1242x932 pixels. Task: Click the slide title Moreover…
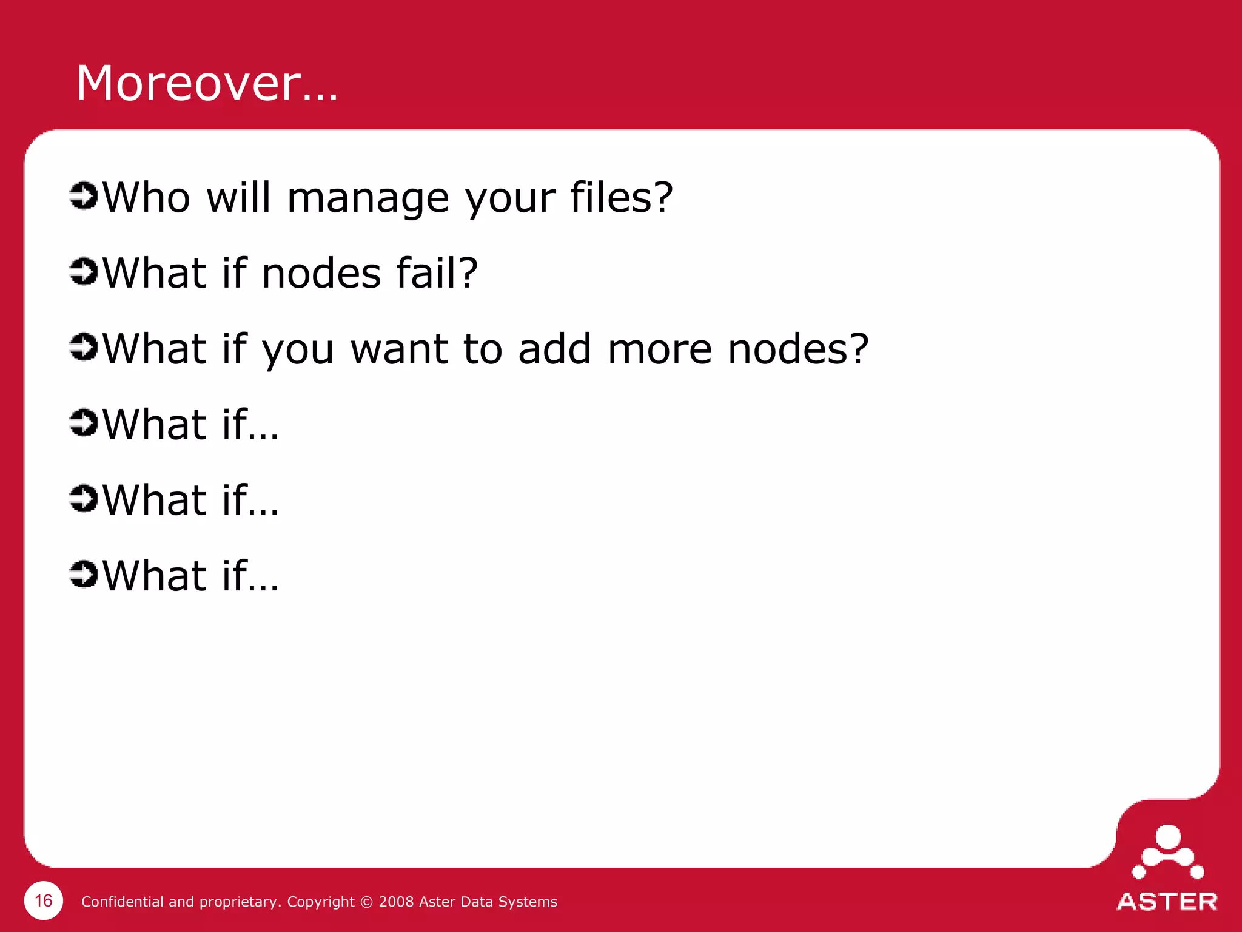pos(207,83)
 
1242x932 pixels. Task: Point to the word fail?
pos(437,273)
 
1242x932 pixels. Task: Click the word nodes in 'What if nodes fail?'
pos(321,273)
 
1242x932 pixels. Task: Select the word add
pos(554,349)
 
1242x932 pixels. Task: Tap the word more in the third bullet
pos(659,349)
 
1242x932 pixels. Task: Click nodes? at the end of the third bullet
pos(798,349)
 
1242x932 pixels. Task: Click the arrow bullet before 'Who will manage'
pos(84,196)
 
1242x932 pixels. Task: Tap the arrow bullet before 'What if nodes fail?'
pos(84,271)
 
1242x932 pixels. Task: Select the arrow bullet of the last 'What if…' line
pos(84,574)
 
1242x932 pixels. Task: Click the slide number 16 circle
pos(44,900)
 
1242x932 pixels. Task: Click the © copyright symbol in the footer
pos(366,902)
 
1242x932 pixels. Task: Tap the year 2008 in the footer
pos(396,902)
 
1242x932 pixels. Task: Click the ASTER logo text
pos(1167,902)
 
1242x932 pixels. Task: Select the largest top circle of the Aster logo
pos(1168,837)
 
